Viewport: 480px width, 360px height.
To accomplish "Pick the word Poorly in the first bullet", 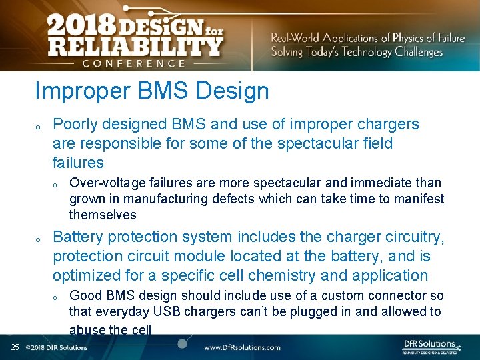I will tap(74, 124).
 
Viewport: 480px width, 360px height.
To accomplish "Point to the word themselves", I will tap(103, 215).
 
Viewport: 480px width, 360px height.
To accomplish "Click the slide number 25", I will tap(15, 347).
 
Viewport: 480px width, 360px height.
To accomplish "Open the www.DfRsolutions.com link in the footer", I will tap(242, 347).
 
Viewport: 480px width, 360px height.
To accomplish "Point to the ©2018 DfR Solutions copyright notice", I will tap(57, 347).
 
